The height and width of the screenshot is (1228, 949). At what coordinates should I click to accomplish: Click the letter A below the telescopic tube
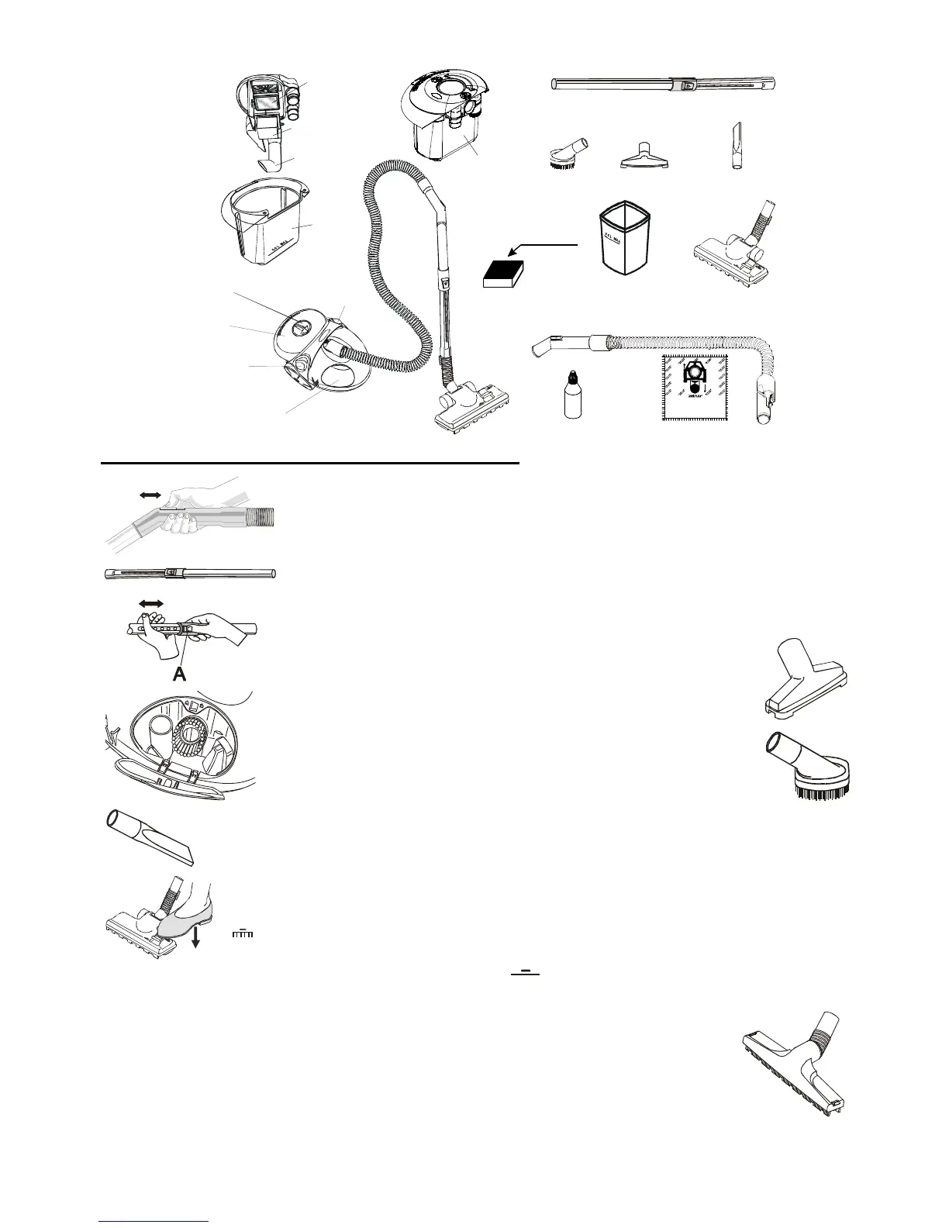(x=179, y=674)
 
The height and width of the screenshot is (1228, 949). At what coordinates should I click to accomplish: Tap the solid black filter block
(x=504, y=274)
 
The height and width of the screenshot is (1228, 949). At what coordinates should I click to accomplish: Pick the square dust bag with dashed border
(x=695, y=387)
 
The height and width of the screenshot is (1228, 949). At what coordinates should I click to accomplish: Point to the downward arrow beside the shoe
(x=197, y=937)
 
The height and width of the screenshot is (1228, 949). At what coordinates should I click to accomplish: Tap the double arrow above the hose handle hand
(x=146, y=494)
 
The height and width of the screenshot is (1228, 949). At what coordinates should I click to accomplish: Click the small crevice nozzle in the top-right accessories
(x=735, y=147)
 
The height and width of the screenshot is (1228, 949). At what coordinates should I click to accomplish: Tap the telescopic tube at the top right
(x=663, y=84)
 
